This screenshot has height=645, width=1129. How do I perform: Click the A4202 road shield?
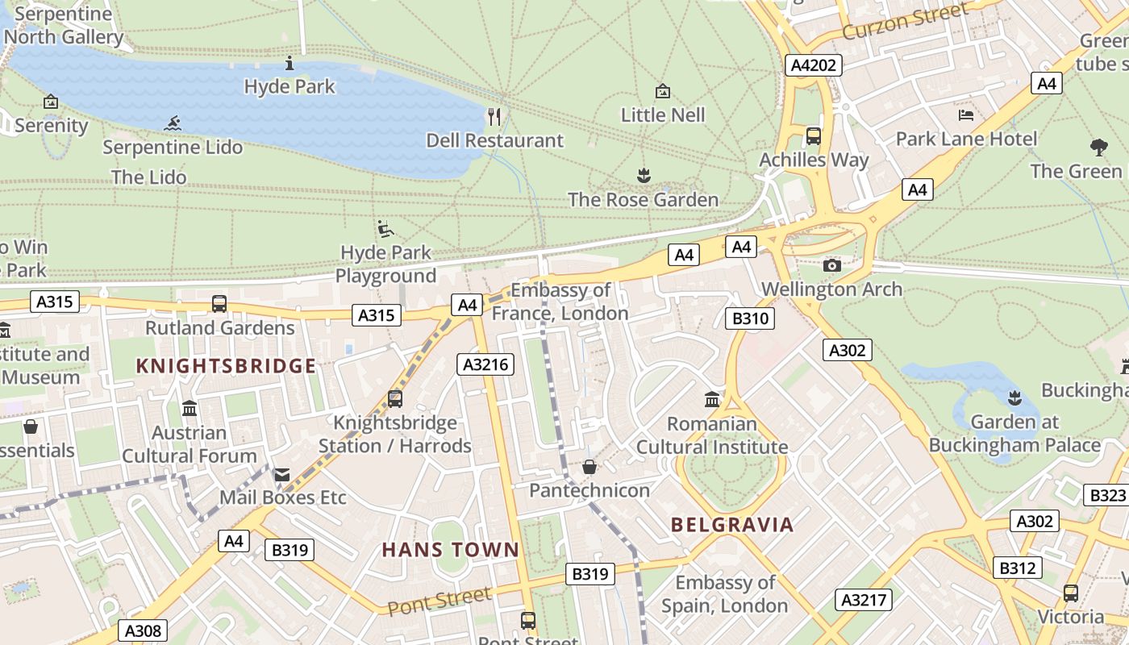tap(814, 65)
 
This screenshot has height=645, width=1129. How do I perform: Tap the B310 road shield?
tap(750, 318)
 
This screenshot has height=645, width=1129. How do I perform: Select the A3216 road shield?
tap(486, 364)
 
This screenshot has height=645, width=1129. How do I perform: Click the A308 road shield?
tap(144, 630)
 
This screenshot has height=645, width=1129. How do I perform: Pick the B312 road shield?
tap(1017, 568)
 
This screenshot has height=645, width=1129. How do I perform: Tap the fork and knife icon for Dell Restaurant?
tap(494, 117)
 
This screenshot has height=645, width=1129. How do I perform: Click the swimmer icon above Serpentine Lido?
tap(172, 124)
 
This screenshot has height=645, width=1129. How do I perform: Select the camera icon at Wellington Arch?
tap(831, 265)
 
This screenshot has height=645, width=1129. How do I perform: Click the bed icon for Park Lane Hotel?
tap(966, 115)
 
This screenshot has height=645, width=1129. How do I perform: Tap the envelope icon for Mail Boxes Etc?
tap(281, 474)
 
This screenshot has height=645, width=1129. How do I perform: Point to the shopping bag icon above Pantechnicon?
tap(589, 467)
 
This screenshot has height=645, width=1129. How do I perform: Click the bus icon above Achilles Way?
tap(814, 135)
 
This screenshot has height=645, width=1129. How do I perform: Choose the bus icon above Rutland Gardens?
tap(219, 304)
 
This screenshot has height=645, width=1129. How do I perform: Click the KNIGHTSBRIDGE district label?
tap(226, 367)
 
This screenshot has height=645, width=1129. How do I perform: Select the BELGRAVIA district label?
tap(732, 525)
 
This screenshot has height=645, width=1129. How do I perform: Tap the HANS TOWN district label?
tap(451, 550)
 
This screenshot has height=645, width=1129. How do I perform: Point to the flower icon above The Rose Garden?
tap(643, 175)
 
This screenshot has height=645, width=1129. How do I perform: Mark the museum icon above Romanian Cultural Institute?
tap(712, 399)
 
